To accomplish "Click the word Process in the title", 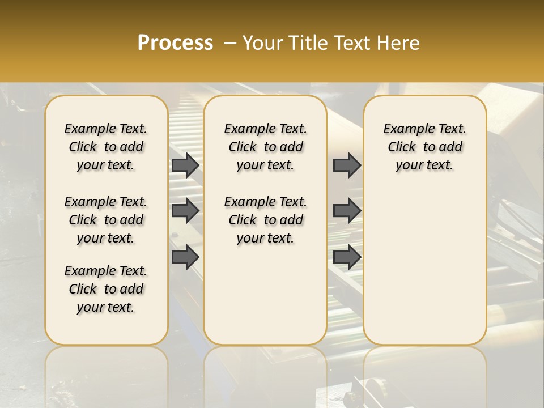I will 175,42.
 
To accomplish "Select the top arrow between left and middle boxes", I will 185,165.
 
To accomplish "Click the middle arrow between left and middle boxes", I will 185,211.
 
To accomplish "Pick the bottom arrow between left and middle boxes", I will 185,257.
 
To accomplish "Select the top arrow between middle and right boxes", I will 347,165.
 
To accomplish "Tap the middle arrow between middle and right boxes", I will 347,211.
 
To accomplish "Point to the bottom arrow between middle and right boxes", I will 347,257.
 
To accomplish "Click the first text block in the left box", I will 106,147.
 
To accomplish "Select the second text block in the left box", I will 106,220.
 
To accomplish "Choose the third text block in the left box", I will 106,289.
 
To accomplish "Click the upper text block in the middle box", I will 265,147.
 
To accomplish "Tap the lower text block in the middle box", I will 265,220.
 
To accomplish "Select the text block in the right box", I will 424,147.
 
